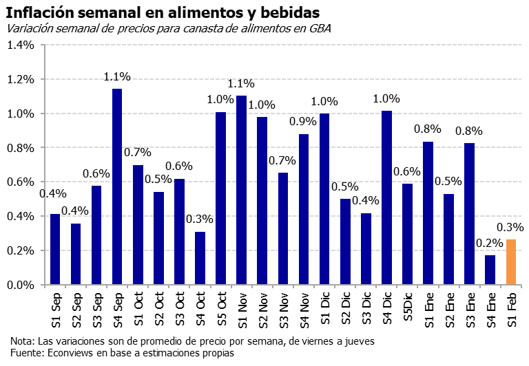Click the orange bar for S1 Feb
[510, 262]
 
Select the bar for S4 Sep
[117, 186]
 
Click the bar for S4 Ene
[490, 270]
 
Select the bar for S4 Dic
[386, 197]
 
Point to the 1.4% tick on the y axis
[21, 45]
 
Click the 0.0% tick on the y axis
[21, 285]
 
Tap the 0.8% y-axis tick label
[21, 148]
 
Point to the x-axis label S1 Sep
[55, 310]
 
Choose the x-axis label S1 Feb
[510, 310]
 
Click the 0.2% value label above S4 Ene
[490, 242]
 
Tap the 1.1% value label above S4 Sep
[117, 76]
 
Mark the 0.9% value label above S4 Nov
[304, 121]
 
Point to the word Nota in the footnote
[23, 341]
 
